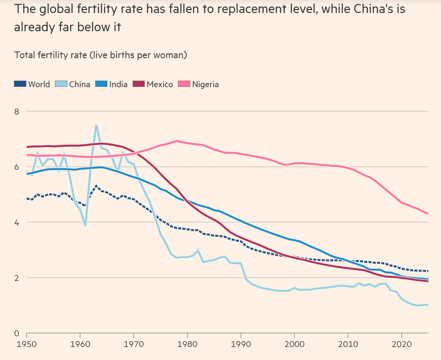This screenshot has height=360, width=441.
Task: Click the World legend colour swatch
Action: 20,84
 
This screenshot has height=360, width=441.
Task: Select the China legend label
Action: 79,84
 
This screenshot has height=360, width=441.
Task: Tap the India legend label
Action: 118,84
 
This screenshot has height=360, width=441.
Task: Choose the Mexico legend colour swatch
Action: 139,84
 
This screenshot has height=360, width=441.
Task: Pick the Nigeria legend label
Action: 205,84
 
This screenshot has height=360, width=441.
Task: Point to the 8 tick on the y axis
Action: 17,112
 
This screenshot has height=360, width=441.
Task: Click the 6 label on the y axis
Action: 17,167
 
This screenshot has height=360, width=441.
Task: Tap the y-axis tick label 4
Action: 17,223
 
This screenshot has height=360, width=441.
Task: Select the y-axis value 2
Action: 17,278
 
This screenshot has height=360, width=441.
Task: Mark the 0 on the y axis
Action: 17,334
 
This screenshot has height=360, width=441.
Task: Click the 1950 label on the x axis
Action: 27,344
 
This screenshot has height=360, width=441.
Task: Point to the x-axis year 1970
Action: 134,344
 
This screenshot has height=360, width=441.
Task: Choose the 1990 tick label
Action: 241,344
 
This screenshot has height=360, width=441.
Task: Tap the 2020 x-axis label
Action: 401,344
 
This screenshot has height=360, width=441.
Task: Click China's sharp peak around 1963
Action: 96,126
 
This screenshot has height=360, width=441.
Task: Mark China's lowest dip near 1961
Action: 85,225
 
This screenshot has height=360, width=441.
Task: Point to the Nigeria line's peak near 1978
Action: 177,141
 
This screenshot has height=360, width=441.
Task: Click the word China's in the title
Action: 374,9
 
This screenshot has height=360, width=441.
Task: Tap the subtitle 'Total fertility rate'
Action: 50,55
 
